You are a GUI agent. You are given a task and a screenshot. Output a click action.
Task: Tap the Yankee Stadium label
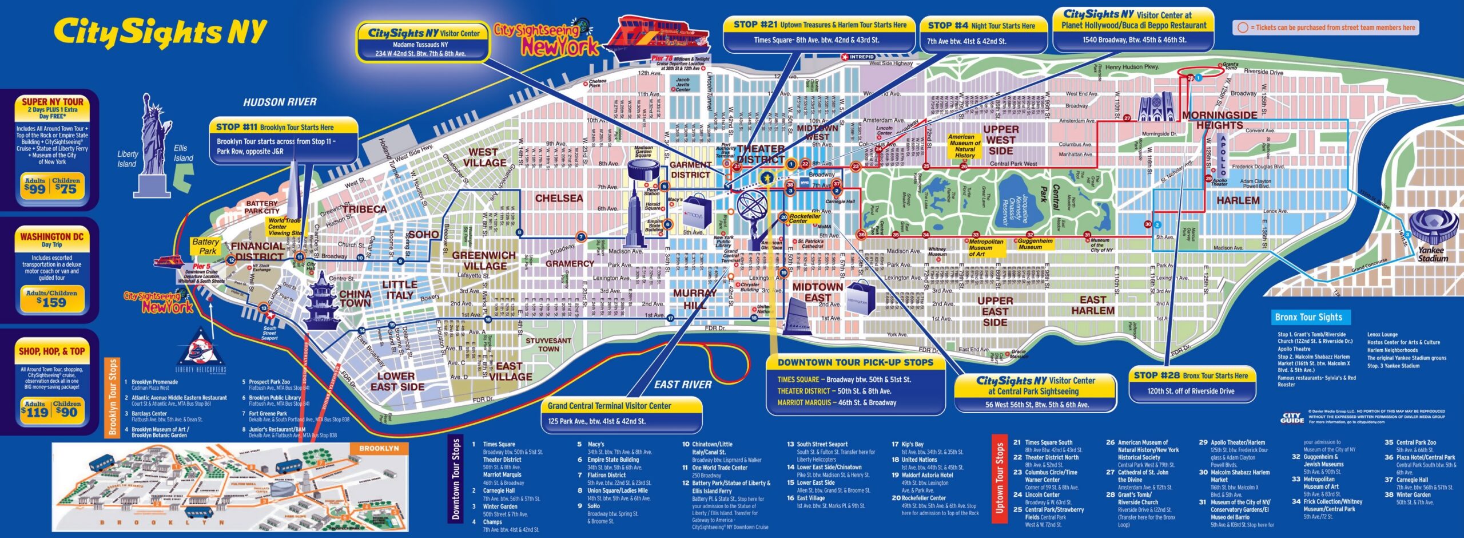point(1433,254)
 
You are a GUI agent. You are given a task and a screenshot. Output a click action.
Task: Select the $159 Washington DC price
point(51,302)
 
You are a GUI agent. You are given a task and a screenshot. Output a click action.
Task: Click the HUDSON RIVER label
point(280,102)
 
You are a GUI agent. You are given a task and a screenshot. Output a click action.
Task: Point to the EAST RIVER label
point(683,385)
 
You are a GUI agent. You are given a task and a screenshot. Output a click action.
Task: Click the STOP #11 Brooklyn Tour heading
point(274,127)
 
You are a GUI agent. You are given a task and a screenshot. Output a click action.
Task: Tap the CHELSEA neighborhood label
point(559,199)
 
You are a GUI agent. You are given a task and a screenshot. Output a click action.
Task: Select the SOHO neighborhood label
point(423,235)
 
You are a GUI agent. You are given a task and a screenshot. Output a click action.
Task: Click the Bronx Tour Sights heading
point(1308,317)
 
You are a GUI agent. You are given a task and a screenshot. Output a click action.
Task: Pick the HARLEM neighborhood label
point(1238,201)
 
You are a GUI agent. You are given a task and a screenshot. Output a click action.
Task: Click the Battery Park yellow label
point(205,246)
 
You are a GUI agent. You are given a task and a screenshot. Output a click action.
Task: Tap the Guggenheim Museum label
point(1035,244)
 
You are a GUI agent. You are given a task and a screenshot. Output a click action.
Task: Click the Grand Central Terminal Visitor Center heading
point(609,406)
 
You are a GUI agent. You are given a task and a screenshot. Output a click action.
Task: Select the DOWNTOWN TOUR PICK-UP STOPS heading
point(855,362)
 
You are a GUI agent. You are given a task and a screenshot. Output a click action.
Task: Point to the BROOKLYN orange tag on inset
point(379,448)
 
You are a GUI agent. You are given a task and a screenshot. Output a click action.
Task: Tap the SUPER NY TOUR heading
point(52,102)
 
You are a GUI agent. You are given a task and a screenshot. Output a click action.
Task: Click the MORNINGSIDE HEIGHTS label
point(1219,120)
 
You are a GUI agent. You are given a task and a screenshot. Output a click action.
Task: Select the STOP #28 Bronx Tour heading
point(1191,375)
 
